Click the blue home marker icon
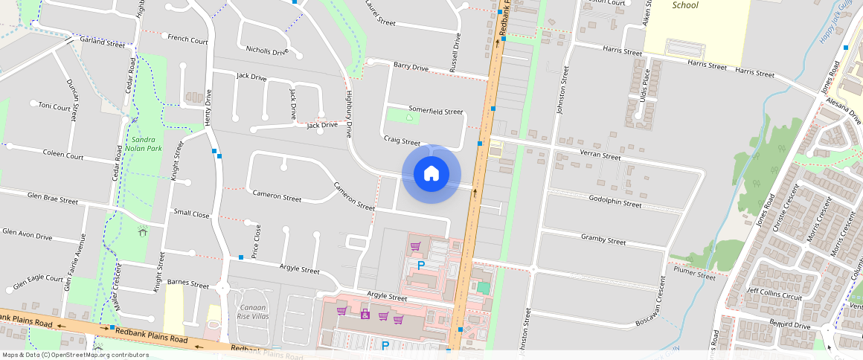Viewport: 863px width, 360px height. click(431, 174)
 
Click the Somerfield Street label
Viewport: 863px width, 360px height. click(435, 110)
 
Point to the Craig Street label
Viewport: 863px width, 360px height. click(402, 140)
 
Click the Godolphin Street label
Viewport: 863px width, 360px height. click(615, 203)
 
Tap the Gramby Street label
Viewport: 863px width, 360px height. click(603, 240)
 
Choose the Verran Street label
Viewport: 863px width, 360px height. click(600, 156)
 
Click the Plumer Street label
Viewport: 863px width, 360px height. click(694, 273)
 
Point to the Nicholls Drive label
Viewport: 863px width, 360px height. click(266, 51)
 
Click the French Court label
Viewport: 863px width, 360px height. click(187, 39)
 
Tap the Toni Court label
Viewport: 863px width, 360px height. click(54, 106)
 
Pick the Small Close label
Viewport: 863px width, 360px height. click(191, 213)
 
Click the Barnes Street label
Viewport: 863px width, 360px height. click(188, 283)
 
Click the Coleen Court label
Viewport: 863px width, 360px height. click(62, 155)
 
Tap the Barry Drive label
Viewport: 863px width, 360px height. click(411, 67)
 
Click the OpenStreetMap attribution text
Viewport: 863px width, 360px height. click(75, 355)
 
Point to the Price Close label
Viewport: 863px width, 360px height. click(257, 241)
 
